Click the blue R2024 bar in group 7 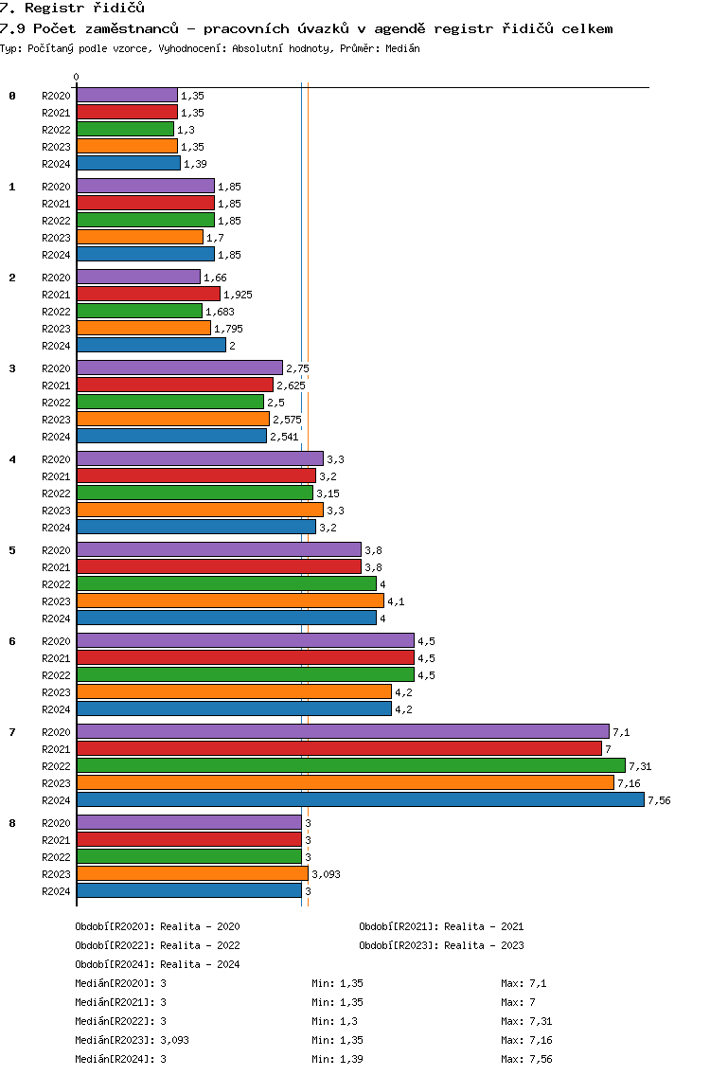(x=361, y=799)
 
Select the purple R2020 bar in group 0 (x=128, y=95)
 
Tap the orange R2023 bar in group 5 (x=230, y=601)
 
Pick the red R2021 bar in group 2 (x=149, y=294)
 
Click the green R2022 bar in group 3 (x=170, y=402)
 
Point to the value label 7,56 (x=659, y=800)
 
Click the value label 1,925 (x=238, y=295)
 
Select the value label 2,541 (x=284, y=437)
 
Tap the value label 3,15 (x=328, y=493)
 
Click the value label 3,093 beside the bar (x=326, y=874)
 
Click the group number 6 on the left (x=12, y=641)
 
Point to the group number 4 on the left (x=12, y=459)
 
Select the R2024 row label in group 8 (x=56, y=891)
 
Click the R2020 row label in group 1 (x=56, y=187)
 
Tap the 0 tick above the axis (x=76, y=77)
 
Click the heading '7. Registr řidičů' (x=73, y=9)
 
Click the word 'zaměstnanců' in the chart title (x=132, y=28)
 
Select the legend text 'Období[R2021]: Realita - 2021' (x=441, y=926)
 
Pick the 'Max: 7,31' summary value (x=526, y=1021)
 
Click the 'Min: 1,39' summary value (x=337, y=1059)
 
